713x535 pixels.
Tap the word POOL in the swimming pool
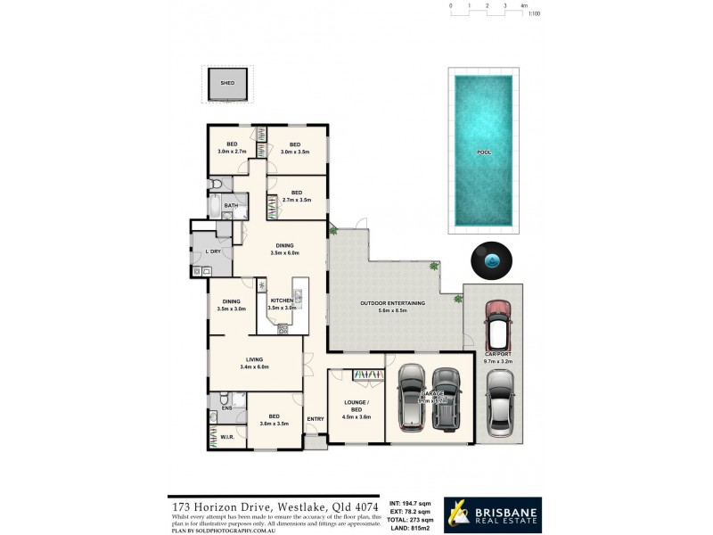tap(484, 152)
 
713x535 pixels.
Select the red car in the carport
tap(498, 326)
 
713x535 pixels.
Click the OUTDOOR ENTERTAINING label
tap(392, 303)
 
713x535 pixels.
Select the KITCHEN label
tap(282, 301)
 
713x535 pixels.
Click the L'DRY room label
tap(212, 251)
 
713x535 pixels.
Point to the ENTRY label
tap(316, 419)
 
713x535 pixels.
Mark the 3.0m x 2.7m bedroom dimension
tap(232, 152)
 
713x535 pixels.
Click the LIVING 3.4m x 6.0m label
tap(254, 362)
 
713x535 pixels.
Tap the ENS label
tap(226, 408)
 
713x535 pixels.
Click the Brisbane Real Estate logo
tap(492, 514)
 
